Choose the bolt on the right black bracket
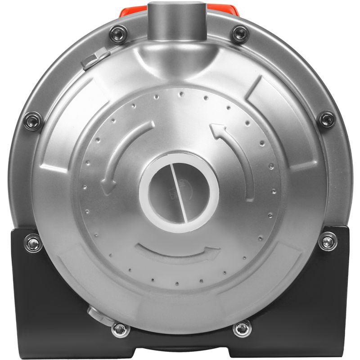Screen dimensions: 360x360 coord(327,242)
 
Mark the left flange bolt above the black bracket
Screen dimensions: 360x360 coord(32,121)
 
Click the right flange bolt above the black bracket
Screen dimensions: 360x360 coord(326,119)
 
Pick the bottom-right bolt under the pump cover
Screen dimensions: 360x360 coord(242,328)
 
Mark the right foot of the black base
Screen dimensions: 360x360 coord(315,346)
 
